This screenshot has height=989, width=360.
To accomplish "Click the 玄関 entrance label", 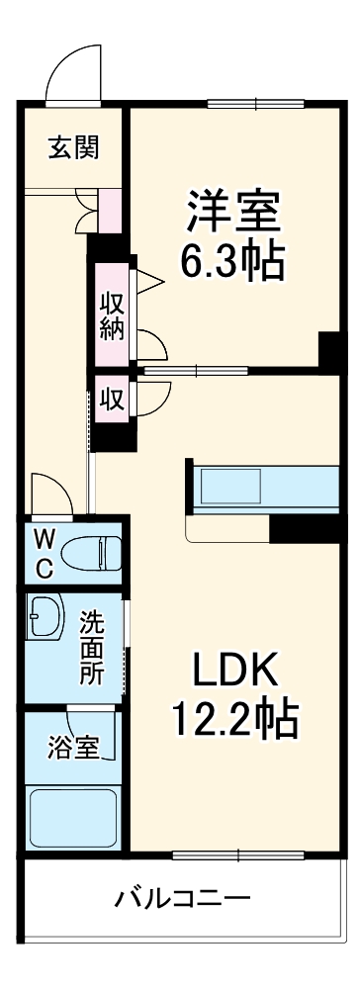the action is coord(73,148).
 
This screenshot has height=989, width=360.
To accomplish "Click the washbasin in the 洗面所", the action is coord(45,618).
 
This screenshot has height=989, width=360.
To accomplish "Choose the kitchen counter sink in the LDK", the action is coord(230,488).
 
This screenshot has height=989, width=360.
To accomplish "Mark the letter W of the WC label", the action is coord(45,539).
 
